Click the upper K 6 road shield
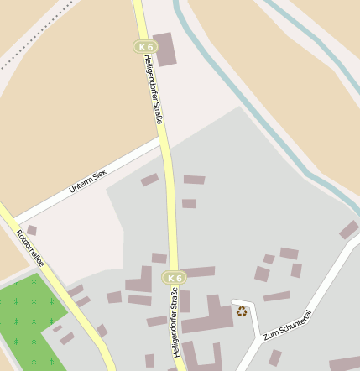pos(146,46)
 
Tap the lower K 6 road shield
pos(174,278)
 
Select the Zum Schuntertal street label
pos(287,323)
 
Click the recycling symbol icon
pos(242,311)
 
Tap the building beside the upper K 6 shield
pos(165,50)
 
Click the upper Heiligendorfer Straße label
pos(152,88)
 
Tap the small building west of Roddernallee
pos(32,230)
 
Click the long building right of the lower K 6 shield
pos(200,273)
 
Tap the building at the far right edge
pos(349,229)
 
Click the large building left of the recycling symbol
pos(208,319)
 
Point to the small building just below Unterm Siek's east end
pos(149,180)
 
